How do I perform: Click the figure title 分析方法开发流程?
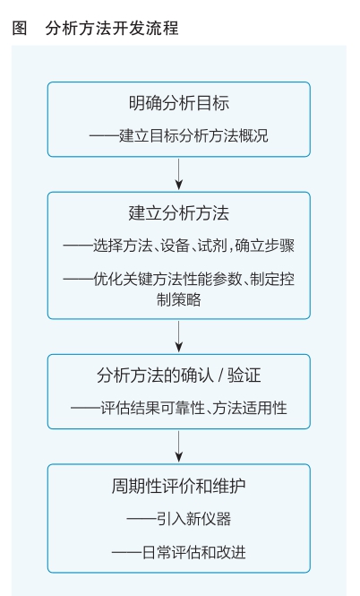(112, 29)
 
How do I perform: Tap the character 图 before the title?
(20, 29)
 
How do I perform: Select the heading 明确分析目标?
(179, 103)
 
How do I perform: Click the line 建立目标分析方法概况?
(193, 135)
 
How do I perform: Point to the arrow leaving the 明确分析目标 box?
(179, 174)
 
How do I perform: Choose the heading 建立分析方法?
(179, 213)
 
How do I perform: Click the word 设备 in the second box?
(175, 246)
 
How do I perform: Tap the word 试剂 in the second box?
(212, 246)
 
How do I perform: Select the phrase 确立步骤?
(265, 246)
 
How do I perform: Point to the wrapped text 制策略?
(179, 299)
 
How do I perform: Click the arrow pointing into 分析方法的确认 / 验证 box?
(179, 336)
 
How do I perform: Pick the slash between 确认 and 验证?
(220, 376)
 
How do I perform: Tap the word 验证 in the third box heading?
(244, 376)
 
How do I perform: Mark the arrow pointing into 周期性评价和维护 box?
(179, 446)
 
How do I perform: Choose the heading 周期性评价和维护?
(179, 486)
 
